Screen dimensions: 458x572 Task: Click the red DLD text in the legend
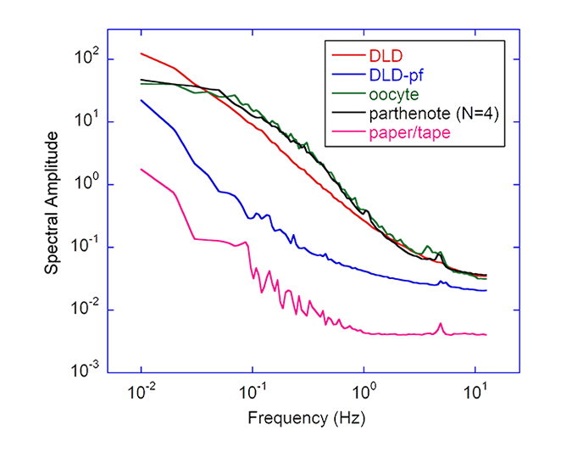point(383,56)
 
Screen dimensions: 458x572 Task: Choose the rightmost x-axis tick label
point(475,393)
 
